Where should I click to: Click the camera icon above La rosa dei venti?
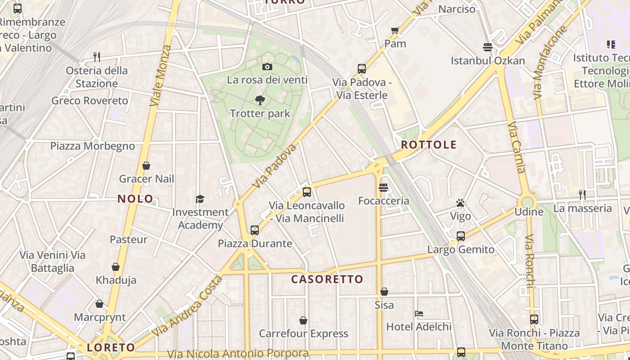267,67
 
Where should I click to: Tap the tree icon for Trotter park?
260,100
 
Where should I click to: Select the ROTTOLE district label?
428,145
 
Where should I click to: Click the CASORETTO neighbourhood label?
327,279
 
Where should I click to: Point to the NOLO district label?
135,199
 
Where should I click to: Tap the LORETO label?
111,347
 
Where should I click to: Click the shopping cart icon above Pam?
395,31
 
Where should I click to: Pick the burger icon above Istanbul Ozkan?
487,47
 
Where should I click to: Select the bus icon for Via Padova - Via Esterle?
362,69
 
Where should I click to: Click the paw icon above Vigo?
460,203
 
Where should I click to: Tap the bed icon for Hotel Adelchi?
419,314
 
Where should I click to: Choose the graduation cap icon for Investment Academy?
200,199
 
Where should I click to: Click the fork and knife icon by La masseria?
582,194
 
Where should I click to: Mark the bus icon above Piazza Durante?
255,230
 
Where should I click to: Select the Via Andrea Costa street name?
187,306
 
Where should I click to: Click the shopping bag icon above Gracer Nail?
146,166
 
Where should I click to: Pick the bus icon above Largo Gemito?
461,236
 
